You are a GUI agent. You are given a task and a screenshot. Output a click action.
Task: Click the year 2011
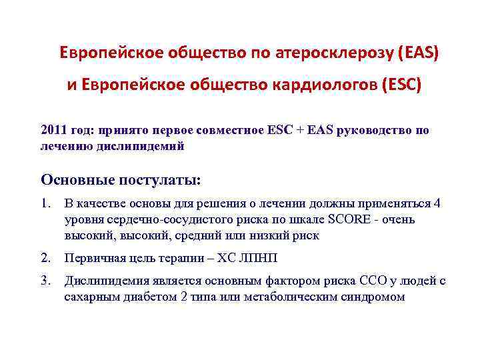[53, 131]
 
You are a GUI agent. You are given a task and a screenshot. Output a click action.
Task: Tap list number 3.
[45, 281]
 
